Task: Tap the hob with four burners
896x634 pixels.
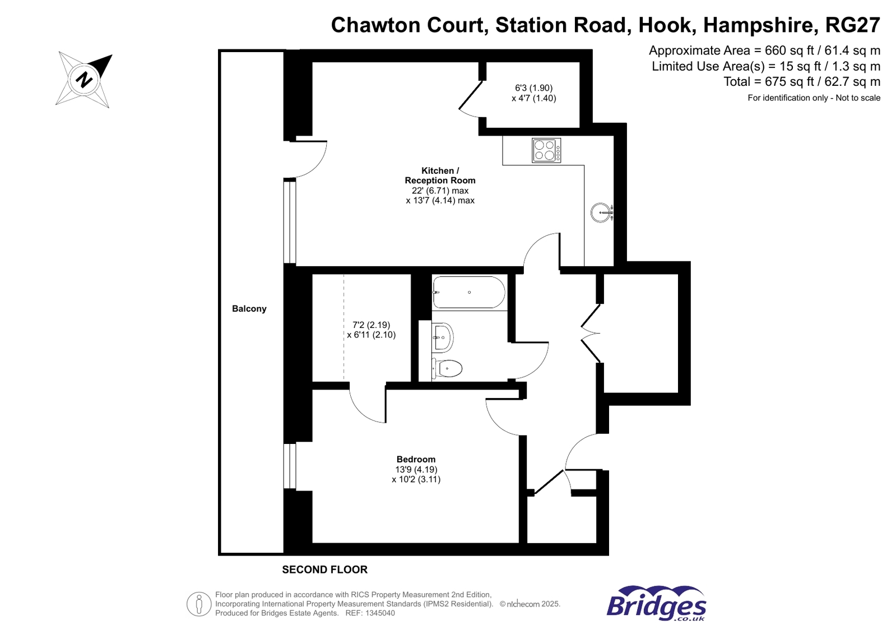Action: click(x=546, y=150)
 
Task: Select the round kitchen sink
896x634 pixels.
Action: click(x=601, y=212)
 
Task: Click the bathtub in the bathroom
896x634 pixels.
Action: click(x=468, y=292)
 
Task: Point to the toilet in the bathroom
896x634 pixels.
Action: click(x=447, y=368)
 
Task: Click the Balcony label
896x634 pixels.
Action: click(x=249, y=309)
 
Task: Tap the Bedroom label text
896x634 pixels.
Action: click(x=416, y=459)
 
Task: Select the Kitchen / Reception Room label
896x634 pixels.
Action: click(x=440, y=175)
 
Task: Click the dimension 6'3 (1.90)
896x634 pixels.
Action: click(x=533, y=88)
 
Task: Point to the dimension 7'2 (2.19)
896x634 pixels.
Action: click(x=371, y=325)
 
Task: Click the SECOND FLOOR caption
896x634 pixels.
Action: click(x=324, y=570)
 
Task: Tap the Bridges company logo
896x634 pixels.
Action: click(x=656, y=604)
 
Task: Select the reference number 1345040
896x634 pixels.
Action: click(x=380, y=613)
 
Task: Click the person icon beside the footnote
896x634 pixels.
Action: click(x=198, y=604)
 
